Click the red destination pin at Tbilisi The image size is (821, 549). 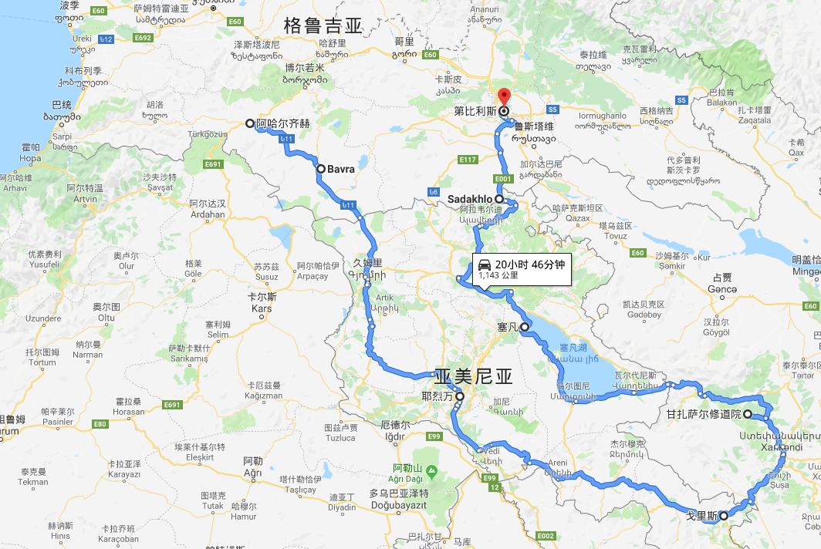tap(504, 98)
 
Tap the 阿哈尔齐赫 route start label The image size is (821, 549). tap(283, 123)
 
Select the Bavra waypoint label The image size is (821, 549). tap(340, 168)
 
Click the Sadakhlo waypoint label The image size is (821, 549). tap(470, 199)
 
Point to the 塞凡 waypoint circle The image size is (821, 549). tap(525, 328)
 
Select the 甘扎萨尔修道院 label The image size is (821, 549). tap(704, 414)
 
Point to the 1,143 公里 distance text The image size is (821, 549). tap(498, 274)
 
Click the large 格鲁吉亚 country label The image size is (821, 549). tap(323, 25)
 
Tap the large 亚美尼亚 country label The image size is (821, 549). tap(473, 376)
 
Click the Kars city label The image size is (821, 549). tap(262, 308)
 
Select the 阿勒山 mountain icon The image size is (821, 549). tap(431, 470)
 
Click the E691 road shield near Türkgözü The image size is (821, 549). tap(214, 163)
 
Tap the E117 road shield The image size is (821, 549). tap(468, 160)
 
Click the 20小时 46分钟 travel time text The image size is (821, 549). tap(529, 264)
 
